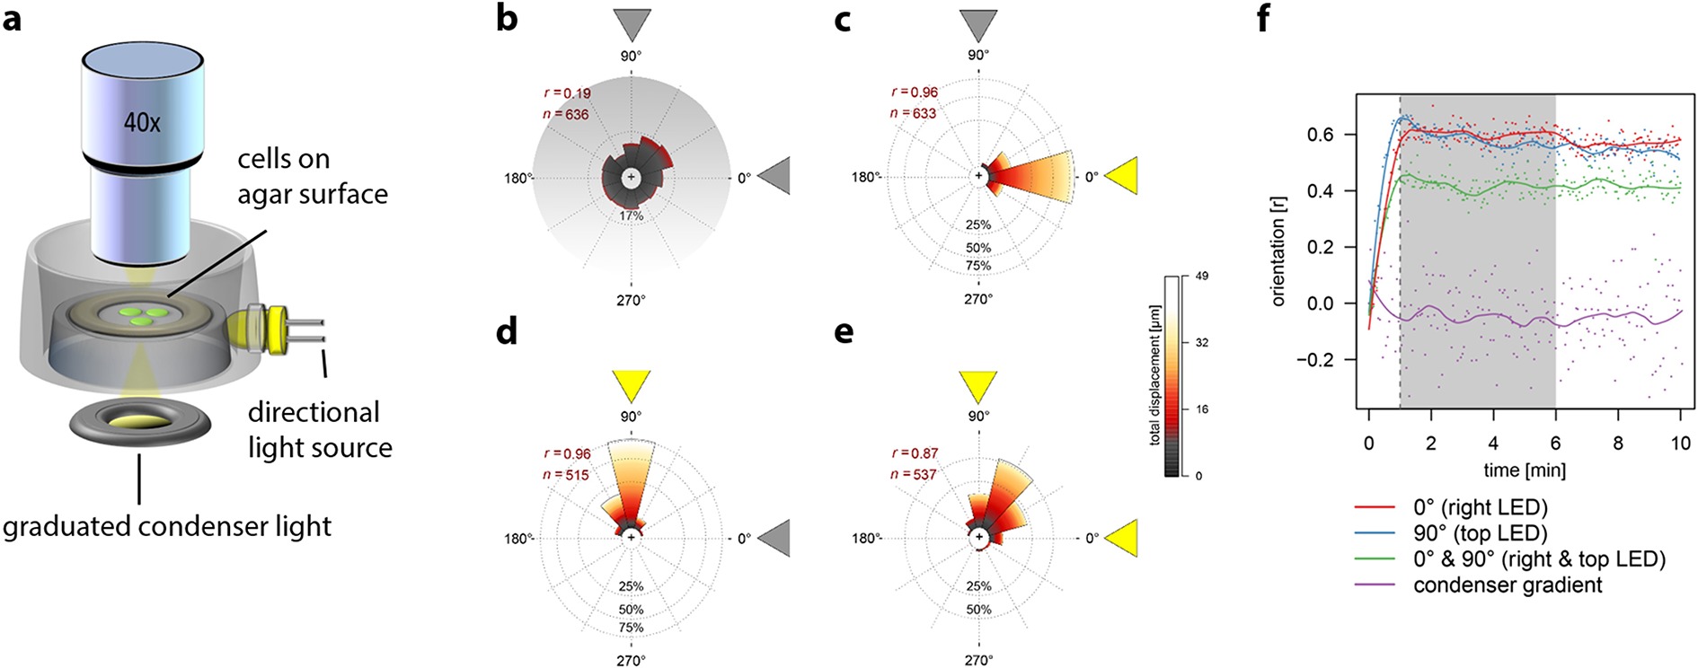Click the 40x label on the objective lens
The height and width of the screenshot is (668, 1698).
[x=143, y=121]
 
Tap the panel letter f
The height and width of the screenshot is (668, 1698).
[x=1263, y=19]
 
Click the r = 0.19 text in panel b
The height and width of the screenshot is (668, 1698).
[x=567, y=93]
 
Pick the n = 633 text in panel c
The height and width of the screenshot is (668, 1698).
[x=913, y=113]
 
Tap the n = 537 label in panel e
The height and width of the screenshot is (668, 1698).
[x=913, y=474]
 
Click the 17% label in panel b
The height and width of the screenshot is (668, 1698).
[x=632, y=216]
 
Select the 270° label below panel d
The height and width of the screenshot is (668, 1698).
[x=632, y=660]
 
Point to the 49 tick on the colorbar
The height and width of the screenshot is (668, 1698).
[x=1201, y=277]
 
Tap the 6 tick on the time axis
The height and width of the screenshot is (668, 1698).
[x=1555, y=444]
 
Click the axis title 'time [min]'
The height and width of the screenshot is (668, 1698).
[x=1524, y=470]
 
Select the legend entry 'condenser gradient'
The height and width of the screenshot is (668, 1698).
[x=1508, y=585]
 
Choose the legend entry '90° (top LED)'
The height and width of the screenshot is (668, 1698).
[x=1480, y=533]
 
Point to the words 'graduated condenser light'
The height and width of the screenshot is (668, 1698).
[x=167, y=526]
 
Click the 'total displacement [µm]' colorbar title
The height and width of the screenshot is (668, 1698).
[x=1154, y=375]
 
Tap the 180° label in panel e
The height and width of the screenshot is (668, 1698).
[x=866, y=538]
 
